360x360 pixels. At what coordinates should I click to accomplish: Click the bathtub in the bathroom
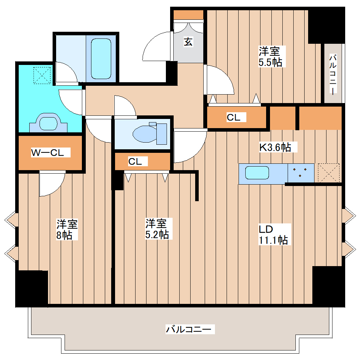[101, 59]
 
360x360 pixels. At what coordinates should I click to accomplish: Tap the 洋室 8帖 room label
[67, 229]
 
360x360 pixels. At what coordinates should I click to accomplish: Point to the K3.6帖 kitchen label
[275, 147]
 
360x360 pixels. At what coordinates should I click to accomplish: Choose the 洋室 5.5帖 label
[270, 57]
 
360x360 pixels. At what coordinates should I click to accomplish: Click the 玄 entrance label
[188, 42]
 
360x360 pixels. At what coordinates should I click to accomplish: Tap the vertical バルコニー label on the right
[333, 74]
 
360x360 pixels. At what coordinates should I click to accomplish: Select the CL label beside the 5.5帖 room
[233, 118]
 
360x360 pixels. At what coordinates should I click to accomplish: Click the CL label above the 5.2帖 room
[135, 162]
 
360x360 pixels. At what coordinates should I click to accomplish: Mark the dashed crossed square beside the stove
[328, 173]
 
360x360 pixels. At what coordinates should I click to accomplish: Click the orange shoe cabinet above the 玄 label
[188, 15]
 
